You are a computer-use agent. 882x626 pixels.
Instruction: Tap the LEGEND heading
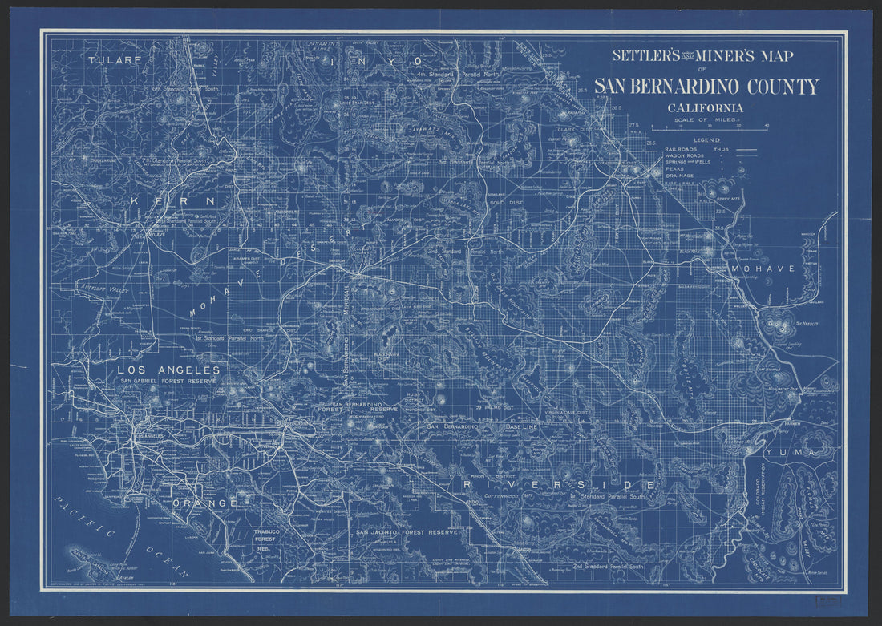[707, 140]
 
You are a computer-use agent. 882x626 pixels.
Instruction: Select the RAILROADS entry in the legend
[682, 149]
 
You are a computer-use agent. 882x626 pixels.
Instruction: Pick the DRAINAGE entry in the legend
[678, 176]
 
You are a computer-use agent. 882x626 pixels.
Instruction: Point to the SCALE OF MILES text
[707, 119]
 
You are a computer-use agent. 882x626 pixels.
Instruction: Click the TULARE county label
[115, 60]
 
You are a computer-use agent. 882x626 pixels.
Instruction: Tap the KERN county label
[175, 200]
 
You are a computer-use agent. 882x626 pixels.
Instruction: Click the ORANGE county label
[204, 503]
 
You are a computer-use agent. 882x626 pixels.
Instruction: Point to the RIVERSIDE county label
[560, 485]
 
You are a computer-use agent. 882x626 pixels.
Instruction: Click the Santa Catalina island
[88, 555]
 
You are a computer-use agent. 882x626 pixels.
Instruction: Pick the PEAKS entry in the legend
[674, 170]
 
